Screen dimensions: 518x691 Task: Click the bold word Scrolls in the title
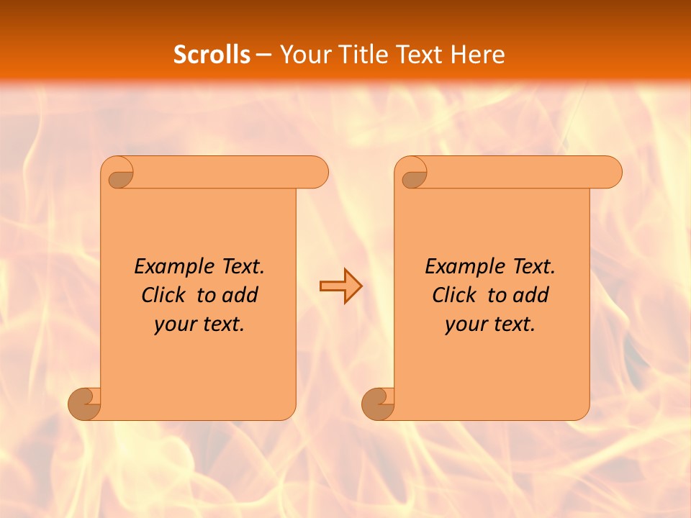point(212,55)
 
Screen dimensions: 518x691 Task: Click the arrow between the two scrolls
point(340,286)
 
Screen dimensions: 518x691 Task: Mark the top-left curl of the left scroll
point(119,175)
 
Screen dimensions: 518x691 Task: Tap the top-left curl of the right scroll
point(413,175)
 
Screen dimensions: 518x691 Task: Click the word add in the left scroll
point(240,296)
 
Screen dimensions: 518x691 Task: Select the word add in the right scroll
point(531,296)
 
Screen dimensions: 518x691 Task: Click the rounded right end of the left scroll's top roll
point(317,172)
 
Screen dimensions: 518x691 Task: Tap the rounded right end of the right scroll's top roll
point(610,172)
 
